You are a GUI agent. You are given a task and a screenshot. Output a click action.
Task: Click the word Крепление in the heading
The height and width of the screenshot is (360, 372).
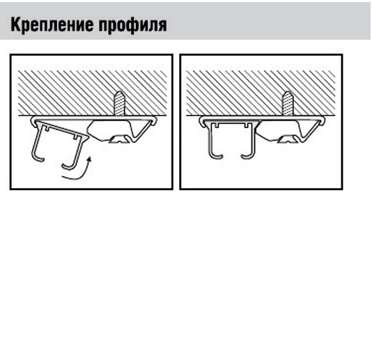point(52,24)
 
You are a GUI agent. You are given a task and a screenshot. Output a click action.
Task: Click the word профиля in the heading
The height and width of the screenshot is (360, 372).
point(133,25)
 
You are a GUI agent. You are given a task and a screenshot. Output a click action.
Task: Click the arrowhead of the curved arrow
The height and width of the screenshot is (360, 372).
point(89,159)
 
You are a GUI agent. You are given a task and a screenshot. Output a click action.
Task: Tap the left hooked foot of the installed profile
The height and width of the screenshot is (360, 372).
point(215,156)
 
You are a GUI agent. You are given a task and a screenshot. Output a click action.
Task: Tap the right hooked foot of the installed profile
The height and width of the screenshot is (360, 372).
point(248,156)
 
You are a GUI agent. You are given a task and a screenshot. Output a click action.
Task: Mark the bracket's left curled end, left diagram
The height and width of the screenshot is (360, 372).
point(34,120)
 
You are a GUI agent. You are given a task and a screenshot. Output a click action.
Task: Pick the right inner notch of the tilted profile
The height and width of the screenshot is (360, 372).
point(76,137)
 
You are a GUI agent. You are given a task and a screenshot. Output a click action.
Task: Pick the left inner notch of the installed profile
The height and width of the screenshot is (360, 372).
point(217,125)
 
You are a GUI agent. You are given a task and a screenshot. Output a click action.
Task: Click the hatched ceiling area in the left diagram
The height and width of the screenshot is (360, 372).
point(93,93)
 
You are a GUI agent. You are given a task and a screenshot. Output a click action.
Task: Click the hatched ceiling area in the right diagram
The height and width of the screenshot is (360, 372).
point(261,93)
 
